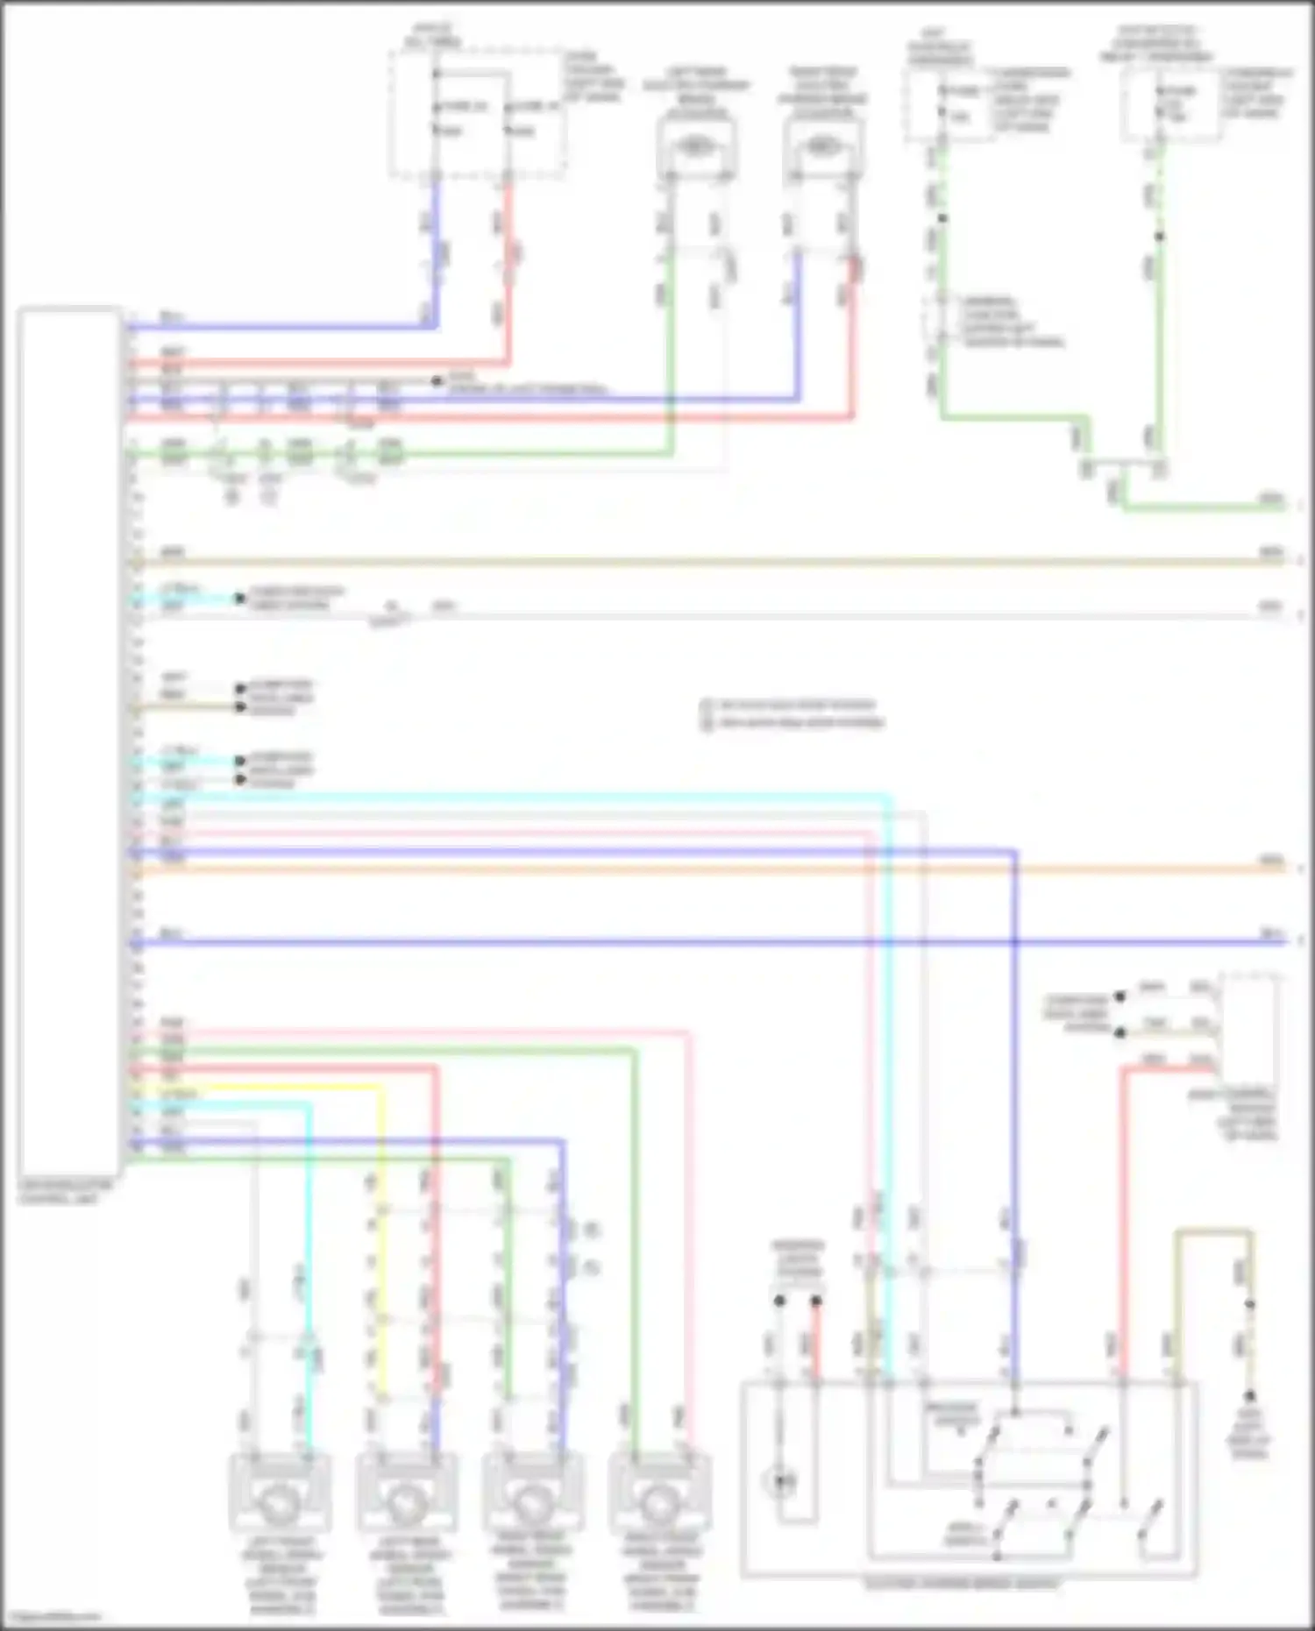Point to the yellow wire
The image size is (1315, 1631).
pos(380,1227)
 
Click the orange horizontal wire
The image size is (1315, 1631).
pos(701,869)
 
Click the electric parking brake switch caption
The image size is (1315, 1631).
pos(962,1585)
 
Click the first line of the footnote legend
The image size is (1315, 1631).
pos(793,705)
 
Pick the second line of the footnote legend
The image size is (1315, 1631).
pos(798,723)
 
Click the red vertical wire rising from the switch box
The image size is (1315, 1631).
pos(1123,1227)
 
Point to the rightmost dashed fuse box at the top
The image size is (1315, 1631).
pos(1169,105)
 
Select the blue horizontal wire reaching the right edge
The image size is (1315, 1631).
pos(701,942)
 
